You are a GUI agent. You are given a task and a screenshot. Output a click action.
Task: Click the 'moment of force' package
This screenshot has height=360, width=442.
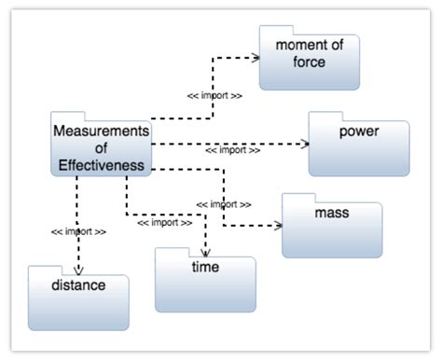tap(309, 58)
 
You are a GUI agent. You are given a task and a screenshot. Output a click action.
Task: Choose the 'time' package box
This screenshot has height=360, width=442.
tap(205, 280)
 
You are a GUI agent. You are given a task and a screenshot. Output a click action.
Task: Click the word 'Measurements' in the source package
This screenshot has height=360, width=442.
tap(101, 131)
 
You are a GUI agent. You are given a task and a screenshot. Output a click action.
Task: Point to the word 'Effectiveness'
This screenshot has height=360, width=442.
tap(101, 166)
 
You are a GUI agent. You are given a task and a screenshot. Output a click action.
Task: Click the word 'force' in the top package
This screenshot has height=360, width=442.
tap(309, 62)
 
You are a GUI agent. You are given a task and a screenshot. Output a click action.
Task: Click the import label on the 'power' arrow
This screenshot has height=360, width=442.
tap(231, 150)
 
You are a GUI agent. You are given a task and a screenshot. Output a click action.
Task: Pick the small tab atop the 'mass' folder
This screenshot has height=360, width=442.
tap(298, 198)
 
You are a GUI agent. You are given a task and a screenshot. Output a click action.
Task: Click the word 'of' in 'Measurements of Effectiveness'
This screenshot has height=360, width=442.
tap(101, 148)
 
